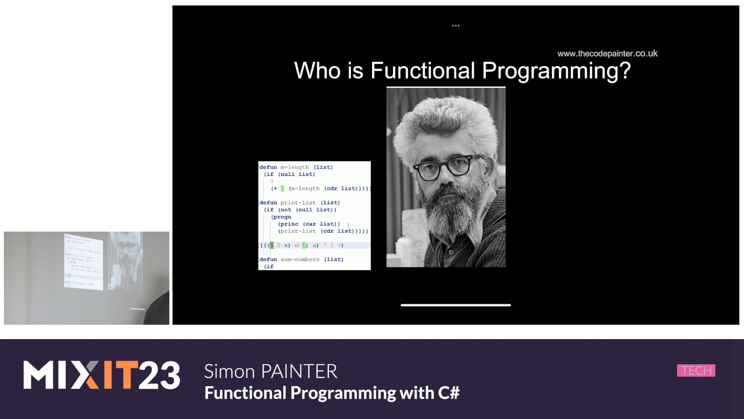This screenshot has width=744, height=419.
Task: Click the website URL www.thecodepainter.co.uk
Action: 607,54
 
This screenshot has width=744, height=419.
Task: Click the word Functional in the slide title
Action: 422,71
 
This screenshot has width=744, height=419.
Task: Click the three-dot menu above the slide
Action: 456,26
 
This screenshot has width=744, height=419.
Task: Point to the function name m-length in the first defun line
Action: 294,167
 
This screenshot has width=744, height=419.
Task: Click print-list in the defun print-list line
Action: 298,203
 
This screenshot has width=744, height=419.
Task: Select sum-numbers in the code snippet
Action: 300,259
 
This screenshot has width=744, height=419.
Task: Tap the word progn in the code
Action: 282,217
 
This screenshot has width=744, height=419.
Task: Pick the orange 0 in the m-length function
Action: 272,181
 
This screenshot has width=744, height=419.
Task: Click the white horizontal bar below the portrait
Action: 456,305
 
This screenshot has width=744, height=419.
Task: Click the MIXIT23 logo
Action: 102,375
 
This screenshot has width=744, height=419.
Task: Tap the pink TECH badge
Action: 696,371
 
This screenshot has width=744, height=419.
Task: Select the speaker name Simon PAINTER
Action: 270,371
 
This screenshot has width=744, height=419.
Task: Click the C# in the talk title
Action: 449,393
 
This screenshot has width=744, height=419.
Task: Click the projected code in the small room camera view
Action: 83,261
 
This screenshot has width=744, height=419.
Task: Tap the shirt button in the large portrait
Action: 451,252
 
